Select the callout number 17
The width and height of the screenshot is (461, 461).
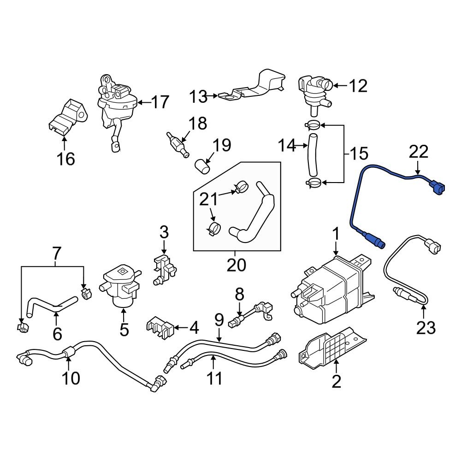click(x=160, y=102)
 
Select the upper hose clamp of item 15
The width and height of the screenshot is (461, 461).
click(x=313, y=124)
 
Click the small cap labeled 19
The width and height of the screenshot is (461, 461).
click(x=202, y=165)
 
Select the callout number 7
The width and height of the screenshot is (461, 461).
click(x=56, y=253)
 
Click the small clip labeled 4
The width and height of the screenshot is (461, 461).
click(x=160, y=328)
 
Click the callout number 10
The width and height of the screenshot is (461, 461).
click(x=71, y=378)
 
